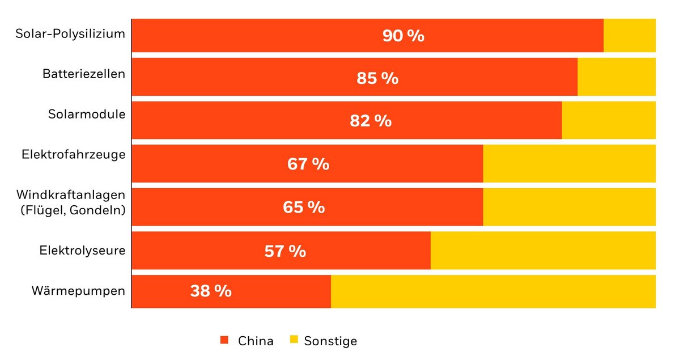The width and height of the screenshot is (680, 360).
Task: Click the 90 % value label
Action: pos(403,36)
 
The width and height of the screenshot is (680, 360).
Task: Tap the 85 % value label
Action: pos(377,78)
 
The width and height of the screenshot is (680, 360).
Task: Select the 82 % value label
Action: pos(371,121)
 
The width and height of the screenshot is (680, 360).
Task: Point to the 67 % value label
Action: pos(308,164)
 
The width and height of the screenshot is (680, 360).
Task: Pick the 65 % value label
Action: pos(304,207)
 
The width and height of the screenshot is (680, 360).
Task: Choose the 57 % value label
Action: pos(285,251)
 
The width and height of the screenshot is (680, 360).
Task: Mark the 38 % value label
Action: pos(211,291)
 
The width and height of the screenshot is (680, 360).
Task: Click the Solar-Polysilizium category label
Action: pos(70,33)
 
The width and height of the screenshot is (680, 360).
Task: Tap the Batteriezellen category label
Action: pos(83,74)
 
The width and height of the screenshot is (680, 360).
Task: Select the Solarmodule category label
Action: pos(86,114)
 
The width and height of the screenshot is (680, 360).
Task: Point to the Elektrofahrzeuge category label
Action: pos(74,154)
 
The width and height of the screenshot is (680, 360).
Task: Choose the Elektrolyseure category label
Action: pos(82,250)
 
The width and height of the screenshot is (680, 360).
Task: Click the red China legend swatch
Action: pos(224,340)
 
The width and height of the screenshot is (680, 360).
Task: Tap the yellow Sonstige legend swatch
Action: pos(294,340)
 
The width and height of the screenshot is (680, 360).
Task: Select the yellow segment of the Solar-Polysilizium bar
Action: pos(630,35)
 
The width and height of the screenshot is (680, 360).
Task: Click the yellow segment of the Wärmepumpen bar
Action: pos(493,291)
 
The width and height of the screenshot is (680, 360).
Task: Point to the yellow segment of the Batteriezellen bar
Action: pos(617,77)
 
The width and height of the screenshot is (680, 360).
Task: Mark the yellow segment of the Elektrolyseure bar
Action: pos(543,251)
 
